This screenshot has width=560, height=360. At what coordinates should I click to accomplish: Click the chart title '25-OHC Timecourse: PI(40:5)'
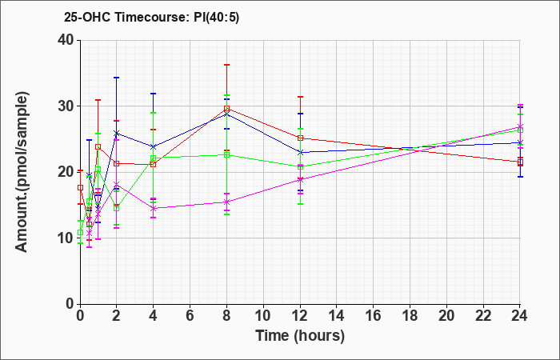click(x=151, y=17)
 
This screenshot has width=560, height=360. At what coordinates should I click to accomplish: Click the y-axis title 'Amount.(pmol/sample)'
click(x=22, y=172)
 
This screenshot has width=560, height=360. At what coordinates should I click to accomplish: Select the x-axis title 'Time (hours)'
click(x=300, y=336)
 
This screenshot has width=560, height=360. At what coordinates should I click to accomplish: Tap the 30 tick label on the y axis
click(x=66, y=106)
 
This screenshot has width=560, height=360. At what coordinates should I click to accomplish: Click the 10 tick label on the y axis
click(x=66, y=238)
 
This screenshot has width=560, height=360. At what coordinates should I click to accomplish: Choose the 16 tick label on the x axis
click(x=374, y=316)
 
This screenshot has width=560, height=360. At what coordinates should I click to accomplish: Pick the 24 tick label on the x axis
click(x=520, y=316)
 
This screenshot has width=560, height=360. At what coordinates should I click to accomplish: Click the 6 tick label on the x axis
click(x=190, y=316)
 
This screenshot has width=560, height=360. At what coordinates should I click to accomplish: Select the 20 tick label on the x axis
click(x=446, y=316)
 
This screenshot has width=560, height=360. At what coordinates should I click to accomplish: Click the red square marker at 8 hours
click(x=226, y=109)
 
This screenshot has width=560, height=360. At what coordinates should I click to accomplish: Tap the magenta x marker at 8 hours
click(x=226, y=202)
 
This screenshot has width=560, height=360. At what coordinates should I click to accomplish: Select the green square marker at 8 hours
click(x=226, y=154)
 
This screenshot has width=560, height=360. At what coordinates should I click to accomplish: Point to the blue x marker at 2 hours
click(x=117, y=134)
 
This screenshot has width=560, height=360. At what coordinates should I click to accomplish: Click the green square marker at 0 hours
click(x=80, y=233)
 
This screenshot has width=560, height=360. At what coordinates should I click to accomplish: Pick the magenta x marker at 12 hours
click(x=300, y=180)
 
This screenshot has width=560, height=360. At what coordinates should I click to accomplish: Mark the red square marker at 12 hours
click(x=300, y=138)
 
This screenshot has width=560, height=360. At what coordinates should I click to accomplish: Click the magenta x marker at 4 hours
click(x=154, y=208)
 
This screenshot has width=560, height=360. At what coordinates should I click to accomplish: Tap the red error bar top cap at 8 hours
click(x=226, y=65)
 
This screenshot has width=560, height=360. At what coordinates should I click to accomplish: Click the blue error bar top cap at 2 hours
click(x=117, y=78)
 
